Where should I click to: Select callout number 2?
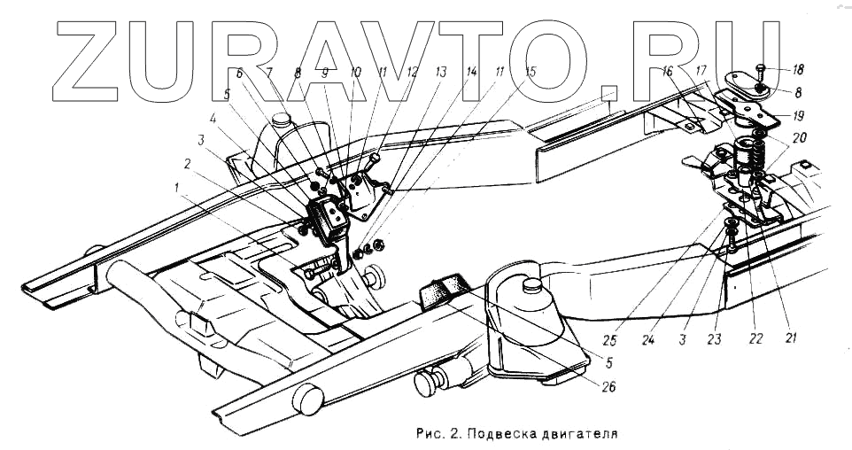[x=187, y=164]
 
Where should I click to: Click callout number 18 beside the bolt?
[x=798, y=69]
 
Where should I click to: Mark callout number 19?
[x=798, y=115]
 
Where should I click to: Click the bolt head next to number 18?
[x=763, y=68]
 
